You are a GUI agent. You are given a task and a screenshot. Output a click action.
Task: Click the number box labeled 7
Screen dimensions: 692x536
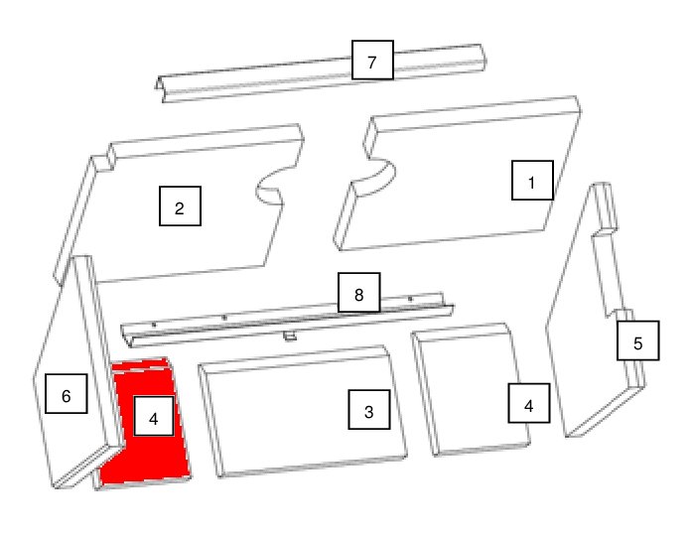coord(372,60)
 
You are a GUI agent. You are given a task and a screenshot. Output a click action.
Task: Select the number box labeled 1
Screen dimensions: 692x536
coord(532,180)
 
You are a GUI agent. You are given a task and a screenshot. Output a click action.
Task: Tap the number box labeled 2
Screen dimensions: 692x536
coord(180,206)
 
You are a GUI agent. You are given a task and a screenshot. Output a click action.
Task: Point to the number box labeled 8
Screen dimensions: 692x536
coord(358,293)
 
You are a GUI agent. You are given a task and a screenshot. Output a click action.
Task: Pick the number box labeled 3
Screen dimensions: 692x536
coord(369,409)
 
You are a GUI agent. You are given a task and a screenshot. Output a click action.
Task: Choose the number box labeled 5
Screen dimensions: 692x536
coord(637,340)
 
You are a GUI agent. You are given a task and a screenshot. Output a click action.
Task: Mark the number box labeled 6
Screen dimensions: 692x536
coord(67,393)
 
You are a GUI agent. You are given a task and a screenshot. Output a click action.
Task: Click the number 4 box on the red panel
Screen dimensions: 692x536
coord(154,416)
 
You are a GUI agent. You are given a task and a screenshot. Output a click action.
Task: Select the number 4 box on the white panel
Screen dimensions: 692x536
coord(529,403)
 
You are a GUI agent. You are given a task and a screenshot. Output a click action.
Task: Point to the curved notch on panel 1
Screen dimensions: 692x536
coord(378,177)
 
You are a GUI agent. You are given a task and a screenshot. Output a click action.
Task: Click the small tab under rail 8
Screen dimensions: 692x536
coord(290,336)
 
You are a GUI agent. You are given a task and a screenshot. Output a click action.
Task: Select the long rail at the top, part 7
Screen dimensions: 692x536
coord(320,73)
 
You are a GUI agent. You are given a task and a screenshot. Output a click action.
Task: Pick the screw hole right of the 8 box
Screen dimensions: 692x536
coord(410,299)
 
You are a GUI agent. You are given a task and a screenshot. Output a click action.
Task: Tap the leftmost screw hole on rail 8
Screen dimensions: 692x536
coord(154,326)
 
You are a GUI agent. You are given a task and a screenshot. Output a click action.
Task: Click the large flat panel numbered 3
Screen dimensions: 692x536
coord(303,411)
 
